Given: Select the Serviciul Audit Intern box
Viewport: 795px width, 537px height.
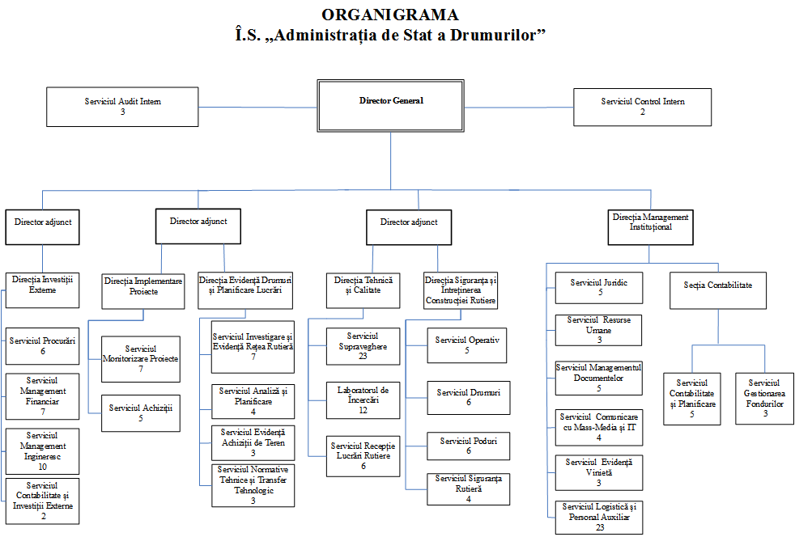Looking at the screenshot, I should pyautogui.click(x=123, y=107).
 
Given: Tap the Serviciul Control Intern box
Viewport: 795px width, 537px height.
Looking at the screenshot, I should pyautogui.click(x=643, y=107).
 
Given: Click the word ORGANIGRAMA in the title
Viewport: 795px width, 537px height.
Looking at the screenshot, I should pyautogui.click(x=389, y=15).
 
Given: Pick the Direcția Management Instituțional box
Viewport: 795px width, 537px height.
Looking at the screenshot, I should pyautogui.click(x=651, y=226).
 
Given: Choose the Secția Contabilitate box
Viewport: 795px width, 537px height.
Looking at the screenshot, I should pyautogui.click(x=718, y=290).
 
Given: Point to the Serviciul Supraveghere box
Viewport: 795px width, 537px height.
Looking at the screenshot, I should pyautogui.click(x=363, y=345).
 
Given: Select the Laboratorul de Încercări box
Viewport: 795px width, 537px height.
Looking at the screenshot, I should pyautogui.click(x=363, y=399).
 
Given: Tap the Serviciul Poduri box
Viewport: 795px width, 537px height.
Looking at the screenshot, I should pyautogui.click(x=469, y=446).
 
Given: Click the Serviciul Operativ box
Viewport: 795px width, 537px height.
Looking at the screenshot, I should pyautogui.click(x=467, y=345).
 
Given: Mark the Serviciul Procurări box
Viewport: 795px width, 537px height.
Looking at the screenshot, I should pyautogui.click(x=43, y=345).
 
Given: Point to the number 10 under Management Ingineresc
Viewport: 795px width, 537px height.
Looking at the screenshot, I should pyautogui.click(x=42, y=467).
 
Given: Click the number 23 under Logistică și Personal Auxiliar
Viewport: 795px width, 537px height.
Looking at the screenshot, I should pyautogui.click(x=599, y=527).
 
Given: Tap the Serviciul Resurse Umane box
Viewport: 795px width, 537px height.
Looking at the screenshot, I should pyautogui.click(x=599, y=330).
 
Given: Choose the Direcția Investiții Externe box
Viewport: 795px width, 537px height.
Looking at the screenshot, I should pyautogui.click(x=43, y=290).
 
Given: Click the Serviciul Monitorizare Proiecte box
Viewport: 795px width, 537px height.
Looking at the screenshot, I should pyautogui.click(x=141, y=358).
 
